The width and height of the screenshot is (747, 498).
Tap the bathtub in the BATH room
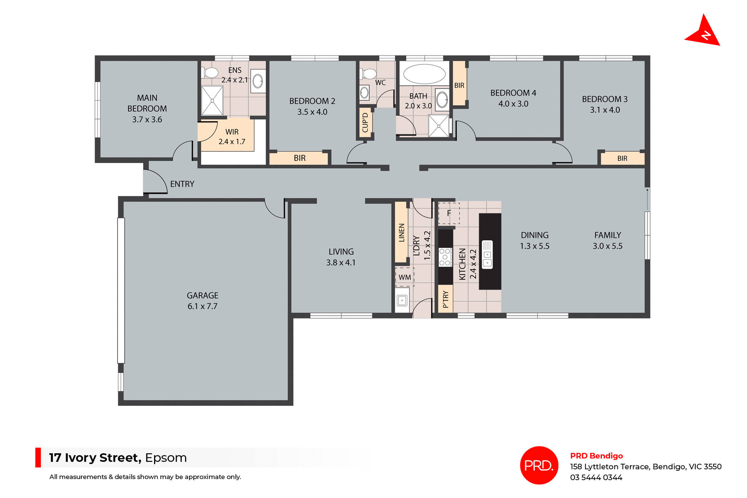pos(424,74)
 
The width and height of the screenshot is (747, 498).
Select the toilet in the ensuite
pos(210,73)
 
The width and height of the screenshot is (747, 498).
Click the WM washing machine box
pos(405,277)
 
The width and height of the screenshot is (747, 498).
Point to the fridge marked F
pos(449,213)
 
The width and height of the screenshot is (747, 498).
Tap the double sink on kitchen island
pos(487,255)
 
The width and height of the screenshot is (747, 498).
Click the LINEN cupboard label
pos(402,232)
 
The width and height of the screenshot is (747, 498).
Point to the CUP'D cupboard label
pos(365,123)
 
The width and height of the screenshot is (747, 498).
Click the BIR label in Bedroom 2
pos(300,158)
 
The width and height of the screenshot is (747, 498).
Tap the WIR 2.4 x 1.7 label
pos(232,137)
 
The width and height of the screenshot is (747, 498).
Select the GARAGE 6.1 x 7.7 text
pos(202,301)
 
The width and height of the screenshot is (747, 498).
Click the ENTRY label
pos(182,184)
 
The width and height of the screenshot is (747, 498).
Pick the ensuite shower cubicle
pos(212,101)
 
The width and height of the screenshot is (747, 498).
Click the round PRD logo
pos(539,465)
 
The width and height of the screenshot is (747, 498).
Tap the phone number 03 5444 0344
pos(596,477)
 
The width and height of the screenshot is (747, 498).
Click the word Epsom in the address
pos(166,458)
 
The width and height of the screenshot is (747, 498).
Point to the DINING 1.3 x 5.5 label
pos(535,240)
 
